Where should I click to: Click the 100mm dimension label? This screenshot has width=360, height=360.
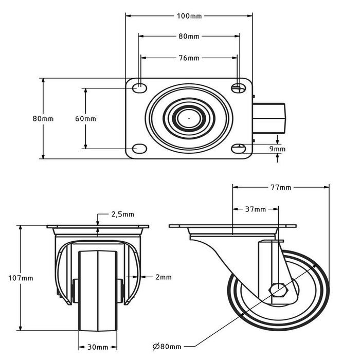pyautogui.click(x=189, y=16)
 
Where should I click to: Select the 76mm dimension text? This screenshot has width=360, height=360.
pyautogui.click(x=189, y=58)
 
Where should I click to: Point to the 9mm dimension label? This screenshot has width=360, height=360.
pyautogui.click(x=278, y=149)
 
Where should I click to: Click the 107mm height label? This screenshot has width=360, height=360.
pyautogui.click(x=22, y=278)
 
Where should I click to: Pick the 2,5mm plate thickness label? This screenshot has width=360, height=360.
pyautogui.click(x=122, y=214)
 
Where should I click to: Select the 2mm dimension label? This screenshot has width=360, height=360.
pyautogui.click(x=163, y=277)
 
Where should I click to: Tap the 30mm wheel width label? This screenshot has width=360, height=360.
pyautogui.click(x=98, y=348)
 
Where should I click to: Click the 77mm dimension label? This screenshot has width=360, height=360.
pyautogui.click(x=281, y=188)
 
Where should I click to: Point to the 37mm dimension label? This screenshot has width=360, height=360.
pyautogui.click(x=256, y=209)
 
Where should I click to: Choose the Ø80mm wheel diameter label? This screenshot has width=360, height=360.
pyautogui.click(x=167, y=346)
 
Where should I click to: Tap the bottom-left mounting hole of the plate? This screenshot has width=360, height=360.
pyautogui.click(x=139, y=149)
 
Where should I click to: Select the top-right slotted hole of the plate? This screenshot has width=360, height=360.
pyautogui.click(x=238, y=88)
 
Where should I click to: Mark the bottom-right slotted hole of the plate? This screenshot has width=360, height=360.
pyautogui.click(x=238, y=149)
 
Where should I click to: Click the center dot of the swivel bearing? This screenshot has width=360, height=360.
pyautogui.click(x=189, y=119)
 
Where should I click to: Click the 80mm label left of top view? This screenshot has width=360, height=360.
pyautogui.click(x=43, y=119)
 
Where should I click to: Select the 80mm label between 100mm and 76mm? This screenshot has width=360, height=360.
pyautogui.click(x=189, y=37)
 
